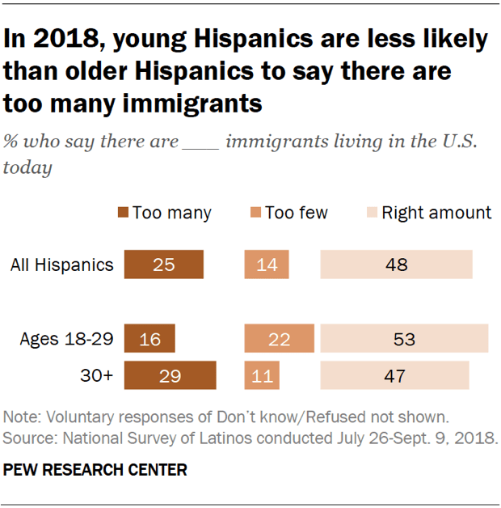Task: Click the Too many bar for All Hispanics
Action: (x=163, y=265)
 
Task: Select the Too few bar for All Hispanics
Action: (x=267, y=265)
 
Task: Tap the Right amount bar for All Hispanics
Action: (x=396, y=265)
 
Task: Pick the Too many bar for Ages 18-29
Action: (x=149, y=338)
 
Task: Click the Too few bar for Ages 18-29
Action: (x=279, y=338)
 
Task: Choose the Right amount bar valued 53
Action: (x=404, y=338)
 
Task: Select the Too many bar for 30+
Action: (x=170, y=375)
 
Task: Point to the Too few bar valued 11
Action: (x=262, y=375)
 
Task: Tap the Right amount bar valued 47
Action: (x=394, y=375)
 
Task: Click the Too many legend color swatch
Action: (x=123, y=213)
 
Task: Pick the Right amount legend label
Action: (x=436, y=213)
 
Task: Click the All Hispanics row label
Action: (x=61, y=265)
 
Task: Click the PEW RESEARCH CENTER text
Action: (x=95, y=470)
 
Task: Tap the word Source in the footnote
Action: (x=26, y=438)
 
